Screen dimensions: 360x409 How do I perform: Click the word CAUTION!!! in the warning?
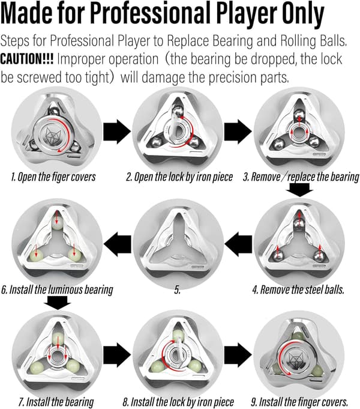tap(27, 59)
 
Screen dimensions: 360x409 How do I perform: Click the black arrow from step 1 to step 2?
tap(117, 132)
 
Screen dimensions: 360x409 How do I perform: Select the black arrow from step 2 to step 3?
tap(238, 132)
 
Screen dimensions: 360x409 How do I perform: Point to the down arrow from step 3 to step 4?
tap(299, 190)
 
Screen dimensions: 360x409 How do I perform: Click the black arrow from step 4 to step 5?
tap(238, 244)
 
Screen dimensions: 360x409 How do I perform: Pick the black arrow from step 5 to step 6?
tap(118, 244)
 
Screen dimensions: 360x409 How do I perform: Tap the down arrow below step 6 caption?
tap(58, 303)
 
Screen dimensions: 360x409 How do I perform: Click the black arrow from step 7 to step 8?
tap(117, 355)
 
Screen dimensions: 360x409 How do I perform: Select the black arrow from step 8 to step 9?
tap(238, 355)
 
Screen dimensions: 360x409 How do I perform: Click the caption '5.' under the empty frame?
tap(177, 290)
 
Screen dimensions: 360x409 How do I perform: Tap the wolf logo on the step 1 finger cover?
tap(53, 135)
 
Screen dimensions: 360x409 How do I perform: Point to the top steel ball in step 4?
tap(299, 225)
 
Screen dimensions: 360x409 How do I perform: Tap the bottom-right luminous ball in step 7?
tap(73, 366)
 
